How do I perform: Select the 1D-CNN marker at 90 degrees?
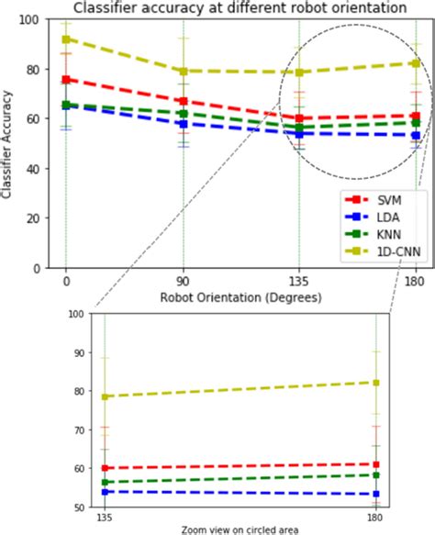click(183, 71)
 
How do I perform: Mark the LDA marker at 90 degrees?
click(183, 124)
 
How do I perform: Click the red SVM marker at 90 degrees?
click(183, 101)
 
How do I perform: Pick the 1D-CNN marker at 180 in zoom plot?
click(377, 383)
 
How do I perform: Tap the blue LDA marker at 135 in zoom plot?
click(105, 492)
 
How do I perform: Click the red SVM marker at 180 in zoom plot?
click(377, 464)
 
